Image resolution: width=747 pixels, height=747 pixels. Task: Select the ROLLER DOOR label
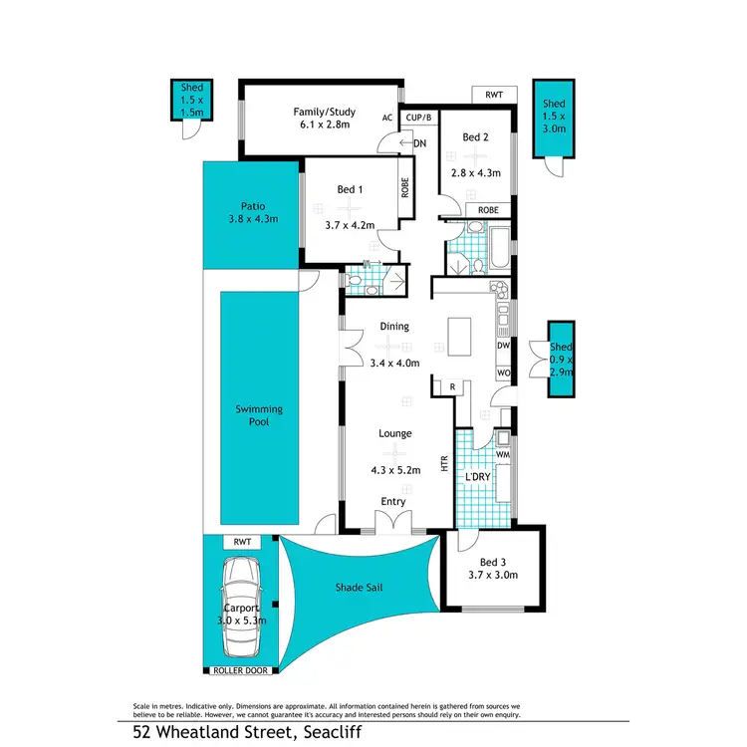point(240,671)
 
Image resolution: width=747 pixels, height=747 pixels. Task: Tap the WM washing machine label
point(503,454)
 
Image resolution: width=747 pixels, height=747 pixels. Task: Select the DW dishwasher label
point(503,346)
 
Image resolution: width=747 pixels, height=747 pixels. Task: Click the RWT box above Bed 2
point(494,95)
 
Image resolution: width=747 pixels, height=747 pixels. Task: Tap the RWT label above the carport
point(240,542)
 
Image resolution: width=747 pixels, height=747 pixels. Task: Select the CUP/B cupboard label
point(418,118)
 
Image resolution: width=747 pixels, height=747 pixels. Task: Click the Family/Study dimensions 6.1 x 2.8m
point(324,126)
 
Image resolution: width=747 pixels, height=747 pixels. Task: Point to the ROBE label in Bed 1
point(405,189)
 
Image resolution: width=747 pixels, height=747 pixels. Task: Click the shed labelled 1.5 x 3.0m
point(553,117)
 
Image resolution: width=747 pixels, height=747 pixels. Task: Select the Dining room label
point(394,326)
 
